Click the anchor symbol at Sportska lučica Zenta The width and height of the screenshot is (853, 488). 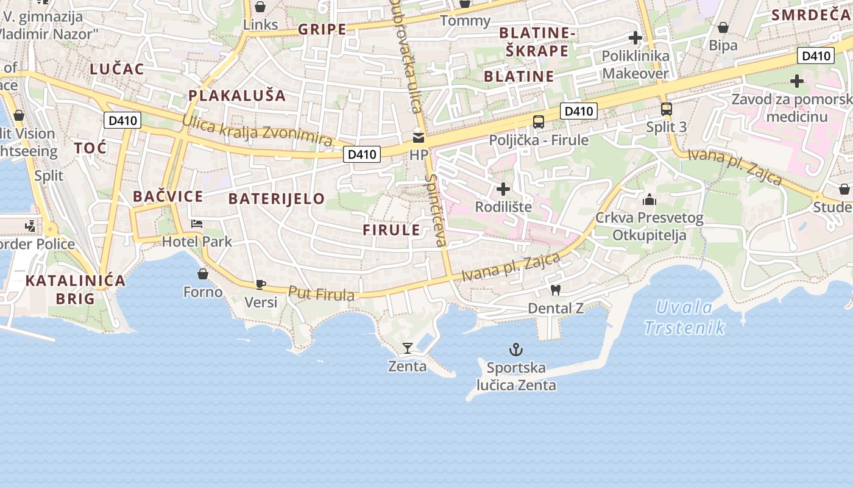click(516, 350)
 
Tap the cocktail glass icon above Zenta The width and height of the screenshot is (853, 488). click(408, 348)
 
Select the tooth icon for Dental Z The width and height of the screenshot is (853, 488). click(555, 290)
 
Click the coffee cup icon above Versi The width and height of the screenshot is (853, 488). click(261, 284)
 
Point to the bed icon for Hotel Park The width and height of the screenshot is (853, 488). click(197, 224)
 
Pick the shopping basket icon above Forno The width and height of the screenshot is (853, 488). click(203, 274)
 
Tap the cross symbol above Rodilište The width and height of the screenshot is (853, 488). click(503, 189)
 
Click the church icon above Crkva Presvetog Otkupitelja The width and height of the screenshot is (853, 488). click(649, 199)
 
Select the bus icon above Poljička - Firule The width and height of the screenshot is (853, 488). click(539, 122)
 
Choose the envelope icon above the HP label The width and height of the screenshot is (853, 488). click(419, 138)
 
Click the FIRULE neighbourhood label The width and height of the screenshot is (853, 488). click(391, 230)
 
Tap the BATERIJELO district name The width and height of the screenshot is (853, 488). click(277, 199)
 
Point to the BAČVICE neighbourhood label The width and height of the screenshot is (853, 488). click(168, 196)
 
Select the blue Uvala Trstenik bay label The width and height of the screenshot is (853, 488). click(685, 317)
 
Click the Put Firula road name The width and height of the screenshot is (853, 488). click(321, 294)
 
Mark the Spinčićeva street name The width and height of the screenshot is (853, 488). click(436, 210)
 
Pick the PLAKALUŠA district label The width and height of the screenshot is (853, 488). click(237, 95)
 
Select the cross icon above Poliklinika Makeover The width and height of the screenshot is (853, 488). click(635, 38)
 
